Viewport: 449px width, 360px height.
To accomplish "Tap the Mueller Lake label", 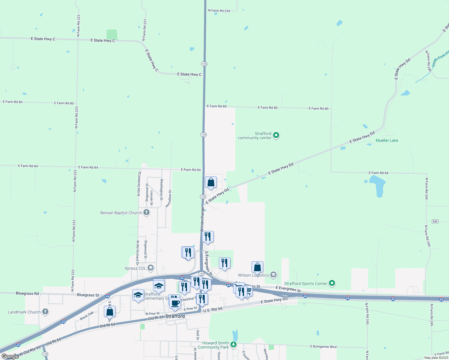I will (387, 140).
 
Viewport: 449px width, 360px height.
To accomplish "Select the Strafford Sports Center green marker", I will (332, 283).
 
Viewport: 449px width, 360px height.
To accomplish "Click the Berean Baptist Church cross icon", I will (146, 213).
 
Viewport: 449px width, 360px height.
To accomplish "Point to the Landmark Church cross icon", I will (45, 312).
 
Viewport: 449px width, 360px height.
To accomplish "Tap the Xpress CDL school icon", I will (151, 268).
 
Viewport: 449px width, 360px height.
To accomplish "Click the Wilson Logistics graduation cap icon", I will (273, 275).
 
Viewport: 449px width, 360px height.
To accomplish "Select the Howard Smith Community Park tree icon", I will (234, 345).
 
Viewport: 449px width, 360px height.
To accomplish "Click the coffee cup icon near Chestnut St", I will (175, 303).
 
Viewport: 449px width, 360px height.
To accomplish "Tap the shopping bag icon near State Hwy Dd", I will (211, 182).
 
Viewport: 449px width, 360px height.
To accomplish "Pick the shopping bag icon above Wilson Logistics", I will (257, 267).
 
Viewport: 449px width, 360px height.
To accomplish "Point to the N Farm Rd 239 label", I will (219, 11).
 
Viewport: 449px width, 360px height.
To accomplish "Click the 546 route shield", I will (435, 221).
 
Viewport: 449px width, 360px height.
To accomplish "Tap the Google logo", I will (10, 356).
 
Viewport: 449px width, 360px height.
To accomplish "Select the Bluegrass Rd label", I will (27, 293).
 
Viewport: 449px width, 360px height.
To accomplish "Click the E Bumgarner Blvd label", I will (323, 346).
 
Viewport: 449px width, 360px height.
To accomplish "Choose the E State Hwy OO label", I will (274, 300).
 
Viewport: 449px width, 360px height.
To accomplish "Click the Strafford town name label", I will (175, 316).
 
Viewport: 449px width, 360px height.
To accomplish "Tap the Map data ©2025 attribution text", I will (436, 358).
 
